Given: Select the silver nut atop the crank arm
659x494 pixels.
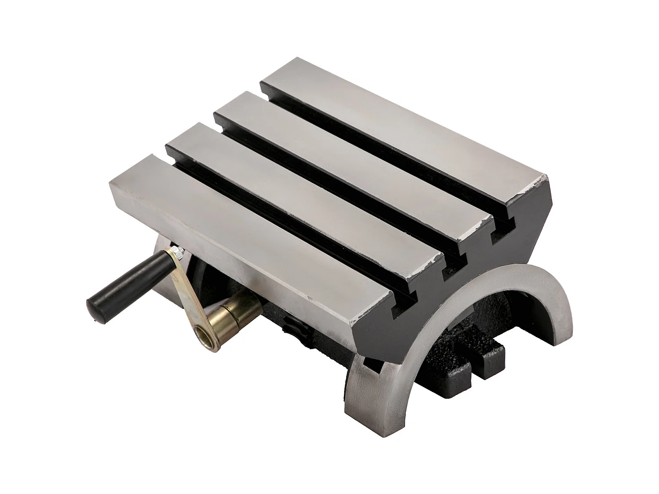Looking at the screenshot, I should click(x=175, y=251).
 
